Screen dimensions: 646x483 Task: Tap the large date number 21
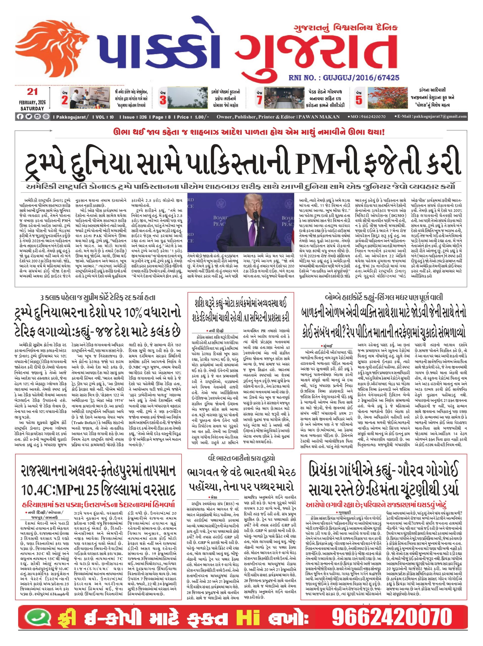click(32, 92)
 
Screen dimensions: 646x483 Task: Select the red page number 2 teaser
click(65, 100)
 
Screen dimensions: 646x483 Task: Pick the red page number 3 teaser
click(163, 100)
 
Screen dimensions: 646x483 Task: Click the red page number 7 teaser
click(259, 100)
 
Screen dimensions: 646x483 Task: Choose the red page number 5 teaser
click(359, 100)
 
